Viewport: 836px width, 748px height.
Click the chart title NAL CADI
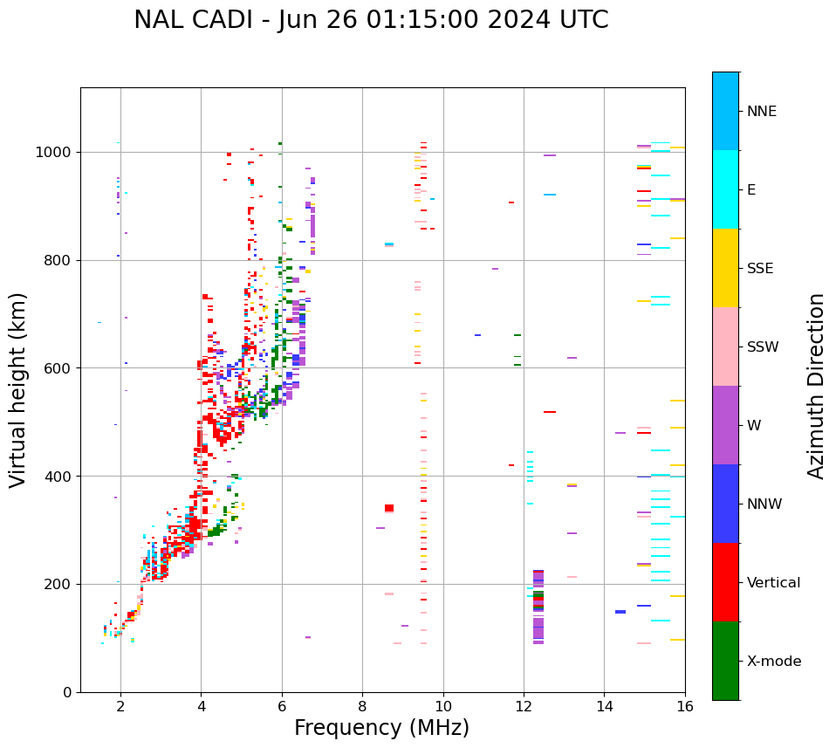coord(371,20)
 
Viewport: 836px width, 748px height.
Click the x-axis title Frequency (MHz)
coord(381,728)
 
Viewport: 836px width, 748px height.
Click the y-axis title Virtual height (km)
coord(18,389)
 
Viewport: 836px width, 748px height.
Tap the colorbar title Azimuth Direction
coord(816,385)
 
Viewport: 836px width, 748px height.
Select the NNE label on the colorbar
coord(761,112)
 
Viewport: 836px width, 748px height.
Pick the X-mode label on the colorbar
coord(773,662)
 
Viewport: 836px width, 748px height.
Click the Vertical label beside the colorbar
coord(773,583)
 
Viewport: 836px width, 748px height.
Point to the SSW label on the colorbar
coord(763,347)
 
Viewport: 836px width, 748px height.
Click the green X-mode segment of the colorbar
coord(725,661)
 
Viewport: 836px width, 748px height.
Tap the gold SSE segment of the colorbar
coord(725,268)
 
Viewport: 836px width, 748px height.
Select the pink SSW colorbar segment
coord(725,347)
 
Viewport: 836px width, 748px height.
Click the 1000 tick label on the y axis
coord(54,152)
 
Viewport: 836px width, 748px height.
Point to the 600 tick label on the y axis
coord(58,368)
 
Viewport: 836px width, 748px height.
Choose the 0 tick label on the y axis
coord(68,692)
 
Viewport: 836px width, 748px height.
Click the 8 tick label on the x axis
coord(362,707)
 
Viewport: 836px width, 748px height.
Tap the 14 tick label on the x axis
coord(604,707)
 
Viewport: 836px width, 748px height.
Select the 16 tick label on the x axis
coord(685,707)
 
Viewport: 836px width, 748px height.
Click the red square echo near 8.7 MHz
coord(389,508)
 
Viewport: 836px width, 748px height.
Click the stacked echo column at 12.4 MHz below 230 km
coord(538,607)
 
